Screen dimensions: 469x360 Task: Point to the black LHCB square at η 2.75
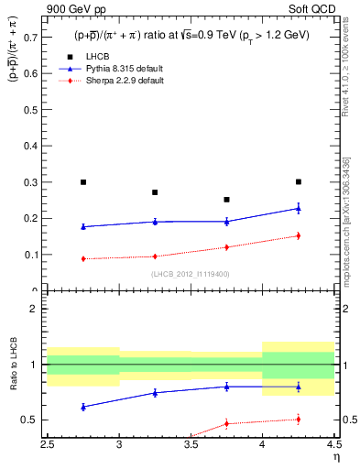pos(83,182)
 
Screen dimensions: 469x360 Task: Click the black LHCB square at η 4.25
pos(298,182)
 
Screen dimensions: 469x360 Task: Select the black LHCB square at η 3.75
pos(226,200)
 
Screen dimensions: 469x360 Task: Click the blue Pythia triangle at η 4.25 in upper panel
pos(298,208)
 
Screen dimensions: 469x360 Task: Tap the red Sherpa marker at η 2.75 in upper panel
pos(83,258)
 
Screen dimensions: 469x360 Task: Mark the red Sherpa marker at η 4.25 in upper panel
pos(298,235)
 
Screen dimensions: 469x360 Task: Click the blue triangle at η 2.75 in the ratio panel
pos(83,407)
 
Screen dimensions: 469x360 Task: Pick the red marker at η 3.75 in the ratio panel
pos(226,423)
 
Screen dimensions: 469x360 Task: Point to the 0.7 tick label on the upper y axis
pos(33,38)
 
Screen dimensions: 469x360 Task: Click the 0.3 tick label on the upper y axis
pos(33,182)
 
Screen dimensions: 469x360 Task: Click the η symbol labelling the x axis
pos(335,459)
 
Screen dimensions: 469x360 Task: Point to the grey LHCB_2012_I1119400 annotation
pos(191,274)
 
